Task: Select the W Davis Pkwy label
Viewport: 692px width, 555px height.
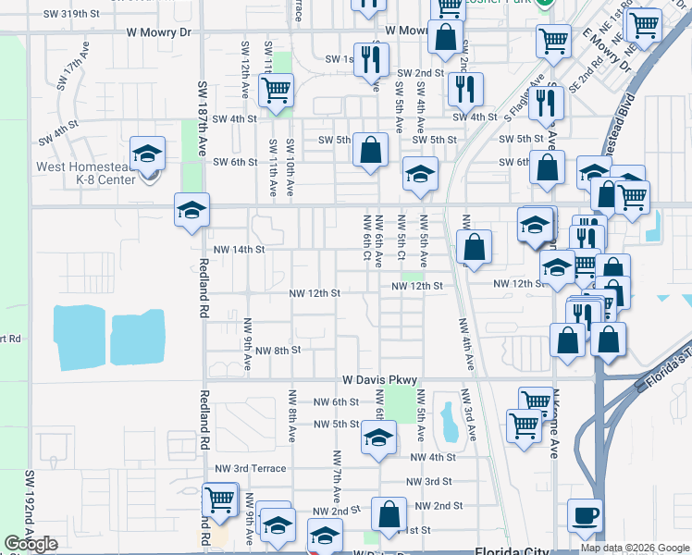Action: click(x=380, y=380)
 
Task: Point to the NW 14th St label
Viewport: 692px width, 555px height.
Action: click(x=239, y=250)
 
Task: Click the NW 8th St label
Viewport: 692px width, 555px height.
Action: click(x=277, y=351)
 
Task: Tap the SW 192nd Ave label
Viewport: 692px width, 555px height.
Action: click(x=30, y=509)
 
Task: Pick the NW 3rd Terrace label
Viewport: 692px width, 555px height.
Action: click(x=250, y=468)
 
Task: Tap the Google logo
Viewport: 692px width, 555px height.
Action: click(x=31, y=544)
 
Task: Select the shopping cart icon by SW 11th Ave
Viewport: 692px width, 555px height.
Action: click(x=277, y=91)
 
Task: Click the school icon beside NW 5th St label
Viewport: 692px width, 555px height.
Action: click(x=378, y=437)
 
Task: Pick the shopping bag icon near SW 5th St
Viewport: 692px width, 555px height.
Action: click(x=370, y=151)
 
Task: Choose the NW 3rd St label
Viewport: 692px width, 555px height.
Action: click(x=431, y=482)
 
